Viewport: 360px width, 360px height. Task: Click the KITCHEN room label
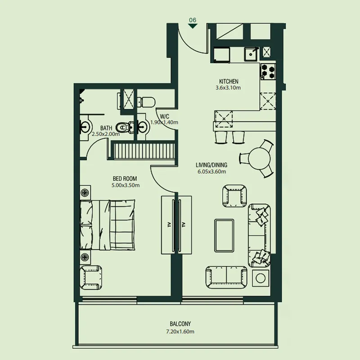point(229,81)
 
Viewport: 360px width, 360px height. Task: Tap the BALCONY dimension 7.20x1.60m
point(180,332)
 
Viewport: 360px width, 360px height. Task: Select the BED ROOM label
point(125,179)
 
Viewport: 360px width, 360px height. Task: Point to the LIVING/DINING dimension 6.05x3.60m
point(211,171)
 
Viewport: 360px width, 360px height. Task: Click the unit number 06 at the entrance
point(193,20)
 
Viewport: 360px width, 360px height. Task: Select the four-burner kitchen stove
point(268,72)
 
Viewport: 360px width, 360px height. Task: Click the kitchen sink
point(250,54)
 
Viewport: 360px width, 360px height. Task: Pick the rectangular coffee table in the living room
point(224,235)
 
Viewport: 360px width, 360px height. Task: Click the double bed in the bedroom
point(107,225)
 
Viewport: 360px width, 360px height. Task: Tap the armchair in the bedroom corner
point(91,277)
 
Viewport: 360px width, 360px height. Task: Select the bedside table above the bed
point(85,193)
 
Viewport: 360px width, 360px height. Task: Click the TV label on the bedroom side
point(170,225)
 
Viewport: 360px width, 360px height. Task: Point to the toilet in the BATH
point(125,127)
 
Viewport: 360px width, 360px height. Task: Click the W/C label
point(165,117)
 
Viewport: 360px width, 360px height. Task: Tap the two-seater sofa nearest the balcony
point(226,277)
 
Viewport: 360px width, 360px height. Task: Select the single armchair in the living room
point(234,196)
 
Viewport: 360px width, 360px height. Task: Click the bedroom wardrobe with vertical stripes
point(144,151)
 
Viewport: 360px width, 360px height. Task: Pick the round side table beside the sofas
point(261,278)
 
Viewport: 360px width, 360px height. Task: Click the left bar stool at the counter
point(221,137)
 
